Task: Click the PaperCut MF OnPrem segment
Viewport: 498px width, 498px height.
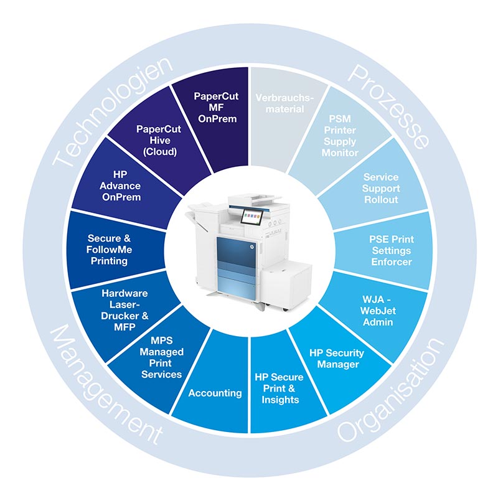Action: click(x=215, y=107)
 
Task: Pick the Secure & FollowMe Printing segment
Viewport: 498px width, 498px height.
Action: click(x=110, y=249)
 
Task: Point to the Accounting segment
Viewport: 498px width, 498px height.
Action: click(x=215, y=393)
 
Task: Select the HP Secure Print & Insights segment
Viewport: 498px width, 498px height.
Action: click(x=280, y=388)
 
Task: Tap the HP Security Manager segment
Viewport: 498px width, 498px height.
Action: click(x=337, y=358)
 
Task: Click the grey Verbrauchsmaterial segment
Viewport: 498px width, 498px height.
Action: click(x=283, y=103)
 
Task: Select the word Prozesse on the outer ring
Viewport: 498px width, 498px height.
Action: click(x=390, y=106)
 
